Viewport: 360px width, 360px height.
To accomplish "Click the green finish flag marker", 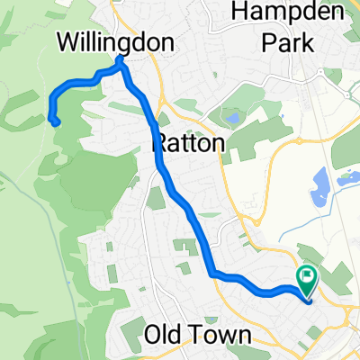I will point(308,275).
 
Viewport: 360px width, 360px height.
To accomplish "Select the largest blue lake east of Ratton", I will point(319,188).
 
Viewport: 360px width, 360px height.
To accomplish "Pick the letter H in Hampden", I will point(241,13).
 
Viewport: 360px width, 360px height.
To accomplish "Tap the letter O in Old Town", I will point(152,336).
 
